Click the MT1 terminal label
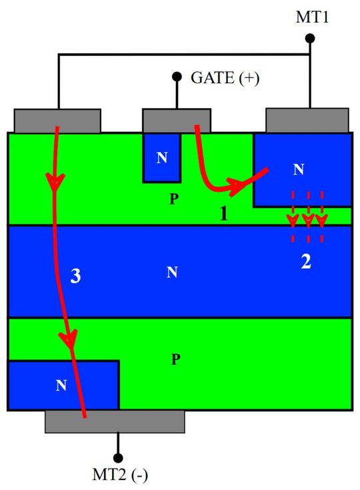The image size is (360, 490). click(x=311, y=17)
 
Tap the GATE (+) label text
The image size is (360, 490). click(x=225, y=77)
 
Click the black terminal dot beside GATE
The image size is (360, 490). click(x=177, y=77)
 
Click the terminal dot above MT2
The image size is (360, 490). click(x=119, y=458)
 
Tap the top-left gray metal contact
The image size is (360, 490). click(x=57, y=121)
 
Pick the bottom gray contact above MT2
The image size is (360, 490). click(x=114, y=420)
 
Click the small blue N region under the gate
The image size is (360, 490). click(x=162, y=157)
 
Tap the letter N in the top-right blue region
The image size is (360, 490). click(x=297, y=170)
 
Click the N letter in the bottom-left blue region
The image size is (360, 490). click(x=61, y=385)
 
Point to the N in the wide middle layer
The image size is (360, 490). click(x=172, y=272)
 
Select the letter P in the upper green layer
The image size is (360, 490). click(x=173, y=198)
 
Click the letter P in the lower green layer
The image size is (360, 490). click(x=175, y=360)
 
